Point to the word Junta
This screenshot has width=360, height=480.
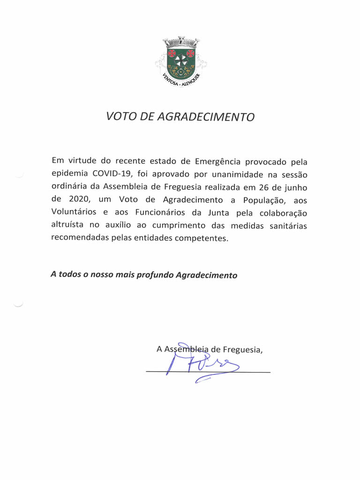215,212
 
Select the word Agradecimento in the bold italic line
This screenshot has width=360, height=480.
206,275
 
